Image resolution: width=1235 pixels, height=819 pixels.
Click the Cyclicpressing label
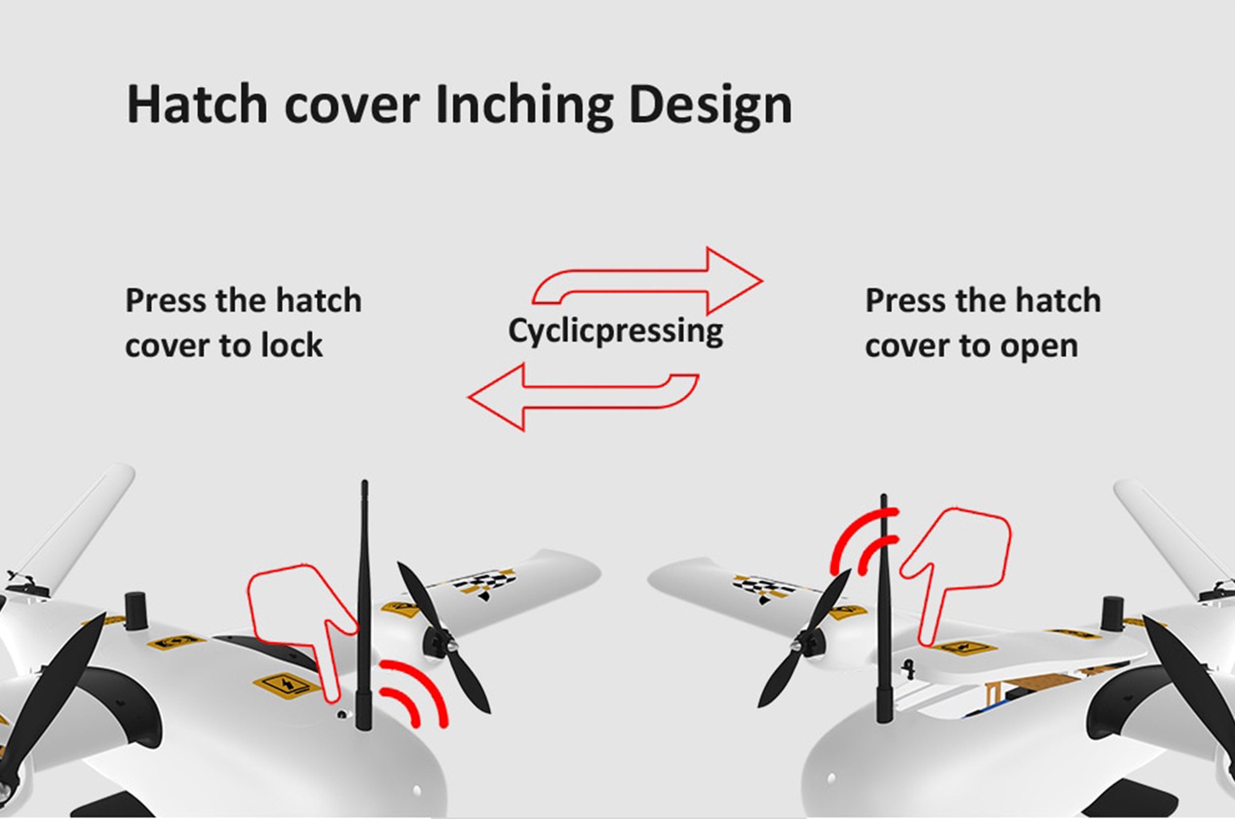(x=615, y=331)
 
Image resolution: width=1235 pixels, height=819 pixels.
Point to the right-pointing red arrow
(x=648, y=281)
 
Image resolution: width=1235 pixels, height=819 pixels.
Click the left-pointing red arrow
(x=583, y=397)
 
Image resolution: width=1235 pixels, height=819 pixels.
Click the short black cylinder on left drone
(x=136, y=607)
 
